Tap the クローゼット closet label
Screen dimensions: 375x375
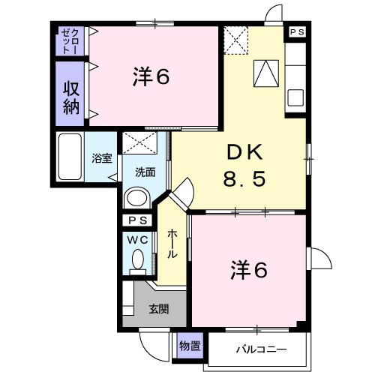[73, 42]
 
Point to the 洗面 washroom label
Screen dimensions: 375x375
[145, 172]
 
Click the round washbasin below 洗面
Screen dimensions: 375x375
[136, 198]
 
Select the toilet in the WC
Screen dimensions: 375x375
[137, 260]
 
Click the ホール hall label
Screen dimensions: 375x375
[172, 244]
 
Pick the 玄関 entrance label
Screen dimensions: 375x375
[157, 307]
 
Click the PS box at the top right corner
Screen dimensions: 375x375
[298, 32]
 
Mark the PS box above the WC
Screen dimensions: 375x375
[136, 220]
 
